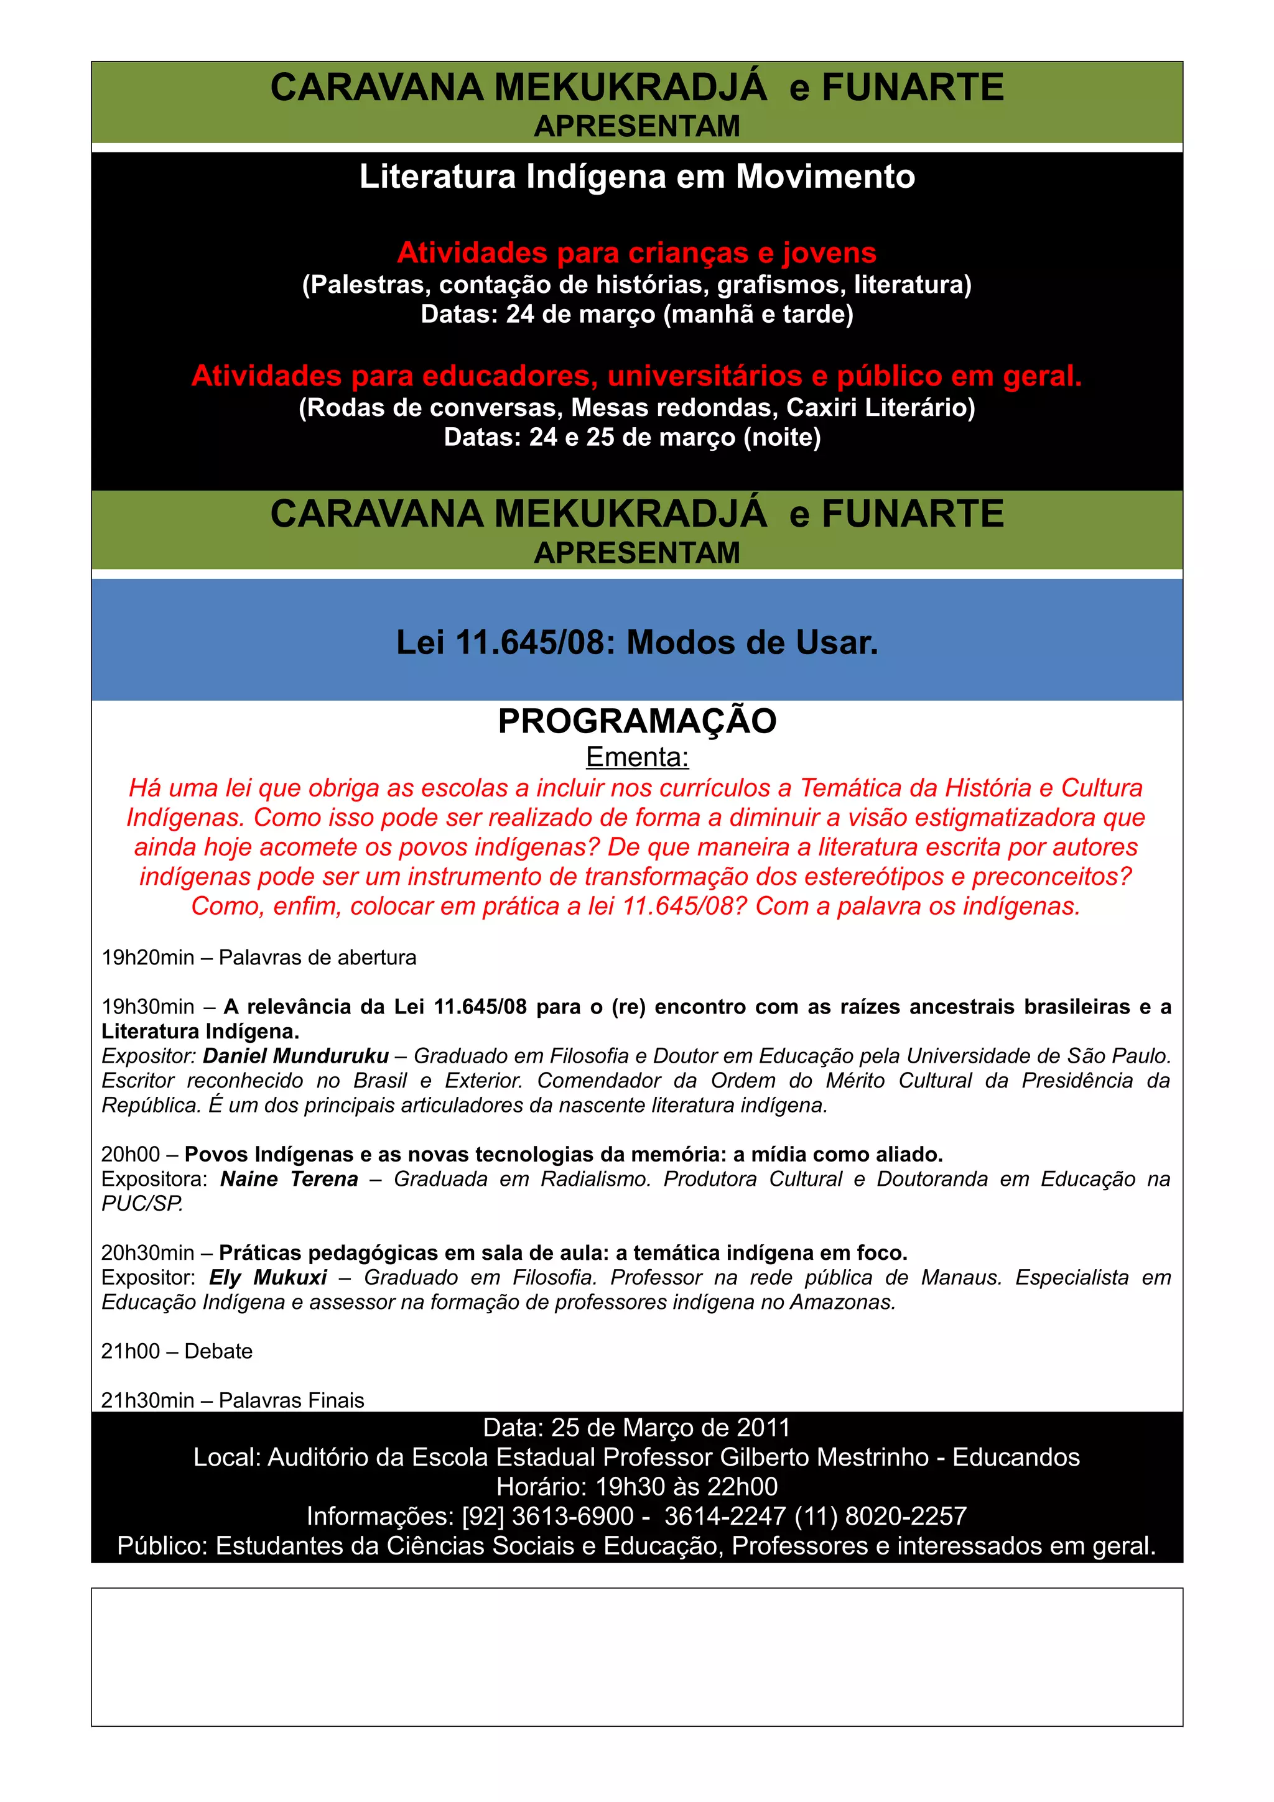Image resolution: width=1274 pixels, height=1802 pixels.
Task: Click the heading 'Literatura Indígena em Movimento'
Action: [636, 177]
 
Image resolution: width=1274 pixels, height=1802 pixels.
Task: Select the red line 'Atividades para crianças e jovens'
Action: [636, 252]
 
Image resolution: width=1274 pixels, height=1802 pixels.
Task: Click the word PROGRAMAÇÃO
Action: [636, 721]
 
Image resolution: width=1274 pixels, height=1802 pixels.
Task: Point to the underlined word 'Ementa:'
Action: [636, 757]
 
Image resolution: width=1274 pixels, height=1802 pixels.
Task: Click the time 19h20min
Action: [147, 958]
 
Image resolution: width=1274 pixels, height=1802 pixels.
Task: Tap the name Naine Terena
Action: [289, 1179]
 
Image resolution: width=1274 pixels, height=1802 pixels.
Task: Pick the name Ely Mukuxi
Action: [267, 1278]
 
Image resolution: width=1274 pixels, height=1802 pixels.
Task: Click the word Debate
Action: [218, 1352]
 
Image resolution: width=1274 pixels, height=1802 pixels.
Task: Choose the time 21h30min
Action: [147, 1400]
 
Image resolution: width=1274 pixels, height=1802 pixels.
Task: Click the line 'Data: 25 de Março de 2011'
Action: [636, 1428]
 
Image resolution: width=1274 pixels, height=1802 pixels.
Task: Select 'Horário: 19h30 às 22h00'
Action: [636, 1487]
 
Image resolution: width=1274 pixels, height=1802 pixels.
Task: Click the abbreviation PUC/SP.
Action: [142, 1203]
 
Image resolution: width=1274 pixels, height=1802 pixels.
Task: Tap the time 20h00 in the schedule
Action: [130, 1155]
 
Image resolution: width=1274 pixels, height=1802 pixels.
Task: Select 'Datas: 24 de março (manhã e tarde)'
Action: [636, 315]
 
